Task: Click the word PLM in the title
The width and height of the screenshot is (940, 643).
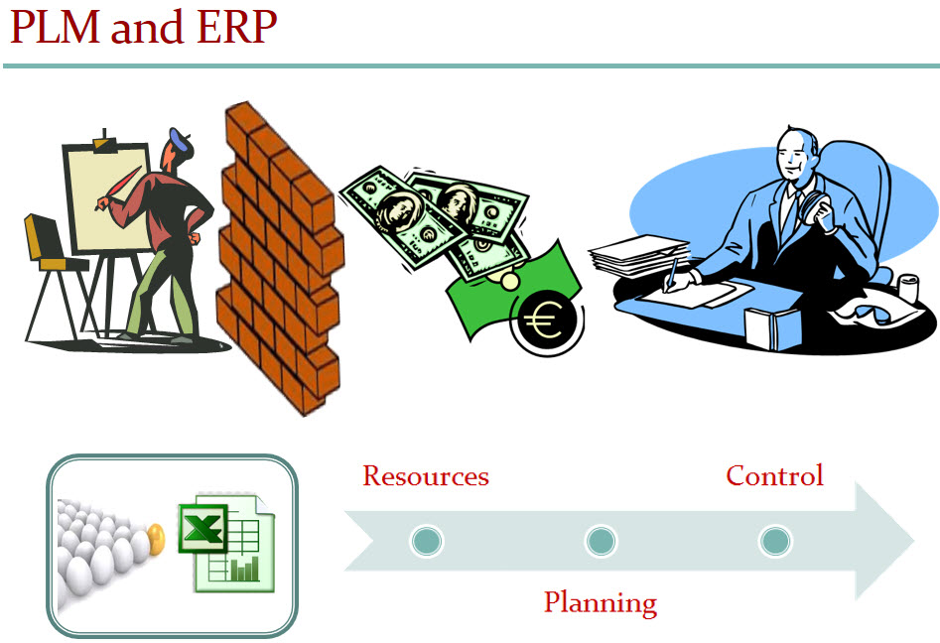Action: click(55, 27)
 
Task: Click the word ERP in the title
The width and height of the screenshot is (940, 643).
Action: click(236, 27)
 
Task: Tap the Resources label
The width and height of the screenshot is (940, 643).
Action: click(426, 476)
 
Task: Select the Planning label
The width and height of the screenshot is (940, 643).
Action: click(601, 602)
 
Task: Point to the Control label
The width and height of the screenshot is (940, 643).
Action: click(774, 475)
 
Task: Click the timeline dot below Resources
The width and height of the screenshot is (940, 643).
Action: click(427, 541)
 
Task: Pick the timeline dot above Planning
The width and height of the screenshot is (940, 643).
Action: click(601, 541)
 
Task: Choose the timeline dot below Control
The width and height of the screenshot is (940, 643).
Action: click(774, 541)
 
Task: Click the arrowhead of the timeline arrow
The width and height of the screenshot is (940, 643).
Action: click(882, 541)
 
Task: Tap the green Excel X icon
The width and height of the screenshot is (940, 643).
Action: click(202, 528)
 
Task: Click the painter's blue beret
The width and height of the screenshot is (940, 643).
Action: click(180, 140)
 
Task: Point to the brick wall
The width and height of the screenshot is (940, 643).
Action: click(280, 258)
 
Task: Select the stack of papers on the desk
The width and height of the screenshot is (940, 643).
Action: click(638, 255)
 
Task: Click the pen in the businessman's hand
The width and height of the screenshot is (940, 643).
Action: click(671, 275)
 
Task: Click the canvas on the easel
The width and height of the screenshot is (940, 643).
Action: click(107, 198)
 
